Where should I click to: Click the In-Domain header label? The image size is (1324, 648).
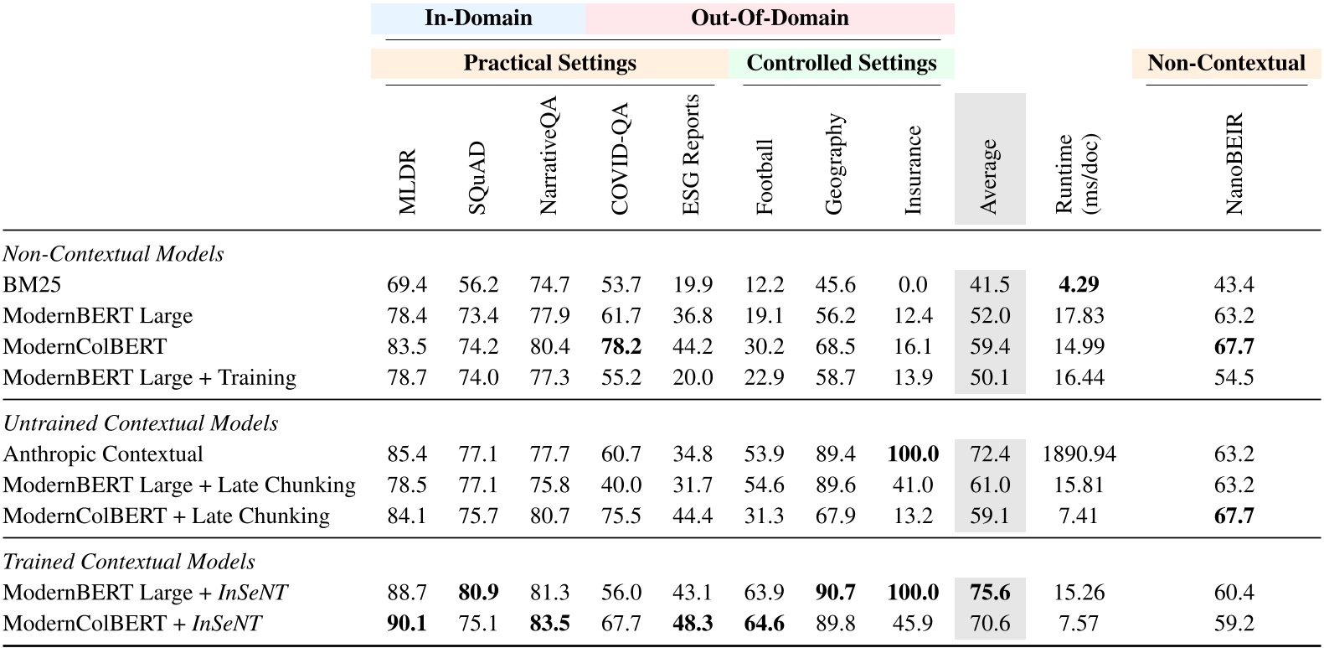point(478,18)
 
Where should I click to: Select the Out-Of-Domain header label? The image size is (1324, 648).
point(770,18)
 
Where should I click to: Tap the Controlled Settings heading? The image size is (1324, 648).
point(841,64)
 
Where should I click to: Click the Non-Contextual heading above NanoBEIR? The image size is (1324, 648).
point(1226,64)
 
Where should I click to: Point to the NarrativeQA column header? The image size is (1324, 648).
point(549,156)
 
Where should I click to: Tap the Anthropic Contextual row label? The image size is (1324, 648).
point(103,454)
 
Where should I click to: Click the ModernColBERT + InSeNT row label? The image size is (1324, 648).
point(132,624)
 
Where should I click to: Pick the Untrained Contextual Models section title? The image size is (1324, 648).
point(141,423)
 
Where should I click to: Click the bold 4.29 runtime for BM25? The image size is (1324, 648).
point(1079,285)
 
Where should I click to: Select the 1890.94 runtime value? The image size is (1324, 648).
point(1079,454)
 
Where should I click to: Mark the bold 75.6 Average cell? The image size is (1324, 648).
point(990,593)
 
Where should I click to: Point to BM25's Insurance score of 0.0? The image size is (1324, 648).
point(913,285)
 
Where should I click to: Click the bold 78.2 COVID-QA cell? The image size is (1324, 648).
point(621,347)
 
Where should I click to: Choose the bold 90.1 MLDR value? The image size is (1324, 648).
point(407,624)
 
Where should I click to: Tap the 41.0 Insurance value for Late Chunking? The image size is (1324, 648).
point(913,485)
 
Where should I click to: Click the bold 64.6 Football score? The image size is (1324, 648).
point(764,624)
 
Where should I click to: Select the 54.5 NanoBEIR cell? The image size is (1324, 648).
point(1234,378)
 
